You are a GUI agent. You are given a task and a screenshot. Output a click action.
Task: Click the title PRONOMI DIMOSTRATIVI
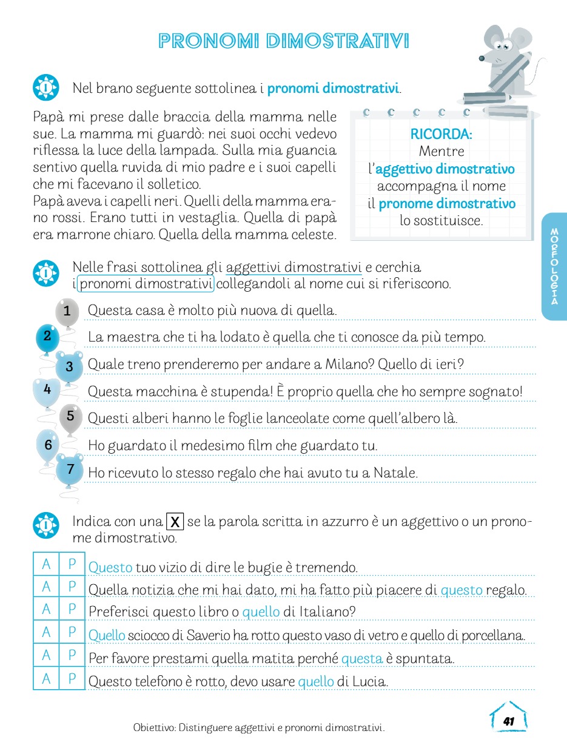283,41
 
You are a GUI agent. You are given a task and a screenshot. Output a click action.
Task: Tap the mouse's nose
481,59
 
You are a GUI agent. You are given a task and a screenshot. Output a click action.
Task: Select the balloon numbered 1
67,311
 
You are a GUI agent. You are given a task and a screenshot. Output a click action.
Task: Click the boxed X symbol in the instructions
175,522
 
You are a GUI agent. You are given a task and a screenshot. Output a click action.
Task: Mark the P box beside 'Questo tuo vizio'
72,565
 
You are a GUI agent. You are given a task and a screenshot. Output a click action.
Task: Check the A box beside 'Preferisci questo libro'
46,611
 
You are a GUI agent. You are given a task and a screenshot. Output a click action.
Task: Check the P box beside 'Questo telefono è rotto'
72,679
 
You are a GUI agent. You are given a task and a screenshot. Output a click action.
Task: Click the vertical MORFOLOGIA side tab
554,266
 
